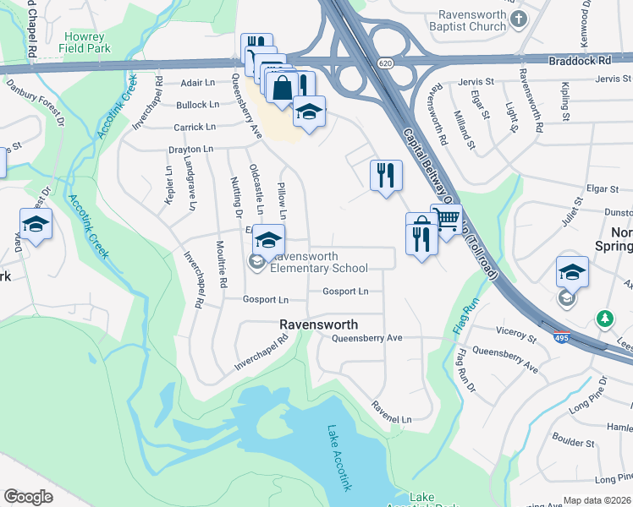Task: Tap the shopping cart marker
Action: (x=446, y=220)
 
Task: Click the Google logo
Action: (x=28, y=497)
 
